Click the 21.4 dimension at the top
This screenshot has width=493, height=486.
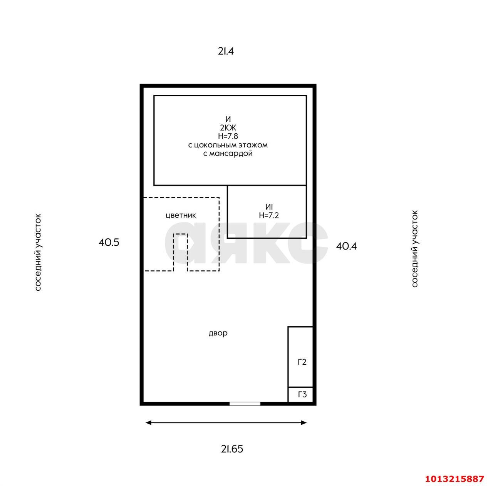(x=226, y=52)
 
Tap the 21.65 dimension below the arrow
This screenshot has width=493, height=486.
(x=232, y=449)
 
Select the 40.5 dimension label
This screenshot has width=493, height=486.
(x=109, y=242)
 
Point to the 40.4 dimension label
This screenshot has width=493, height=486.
(x=346, y=246)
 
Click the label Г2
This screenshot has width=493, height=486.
(x=302, y=362)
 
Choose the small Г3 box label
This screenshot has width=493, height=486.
(x=302, y=394)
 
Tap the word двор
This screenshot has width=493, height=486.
(x=218, y=333)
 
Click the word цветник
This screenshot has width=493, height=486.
(x=181, y=216)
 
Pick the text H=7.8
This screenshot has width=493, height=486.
(x=228, y=136)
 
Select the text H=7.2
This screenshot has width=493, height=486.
(x=269, y=215)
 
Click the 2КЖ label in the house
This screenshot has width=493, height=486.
(x=228, y=127)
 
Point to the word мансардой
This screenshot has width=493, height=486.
(x=231, y=154)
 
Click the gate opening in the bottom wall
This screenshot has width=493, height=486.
(x=245, y=404)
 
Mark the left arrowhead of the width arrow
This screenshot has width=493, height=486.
(x=148, y=422)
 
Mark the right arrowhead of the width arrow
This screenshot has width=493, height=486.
(x=304, y=422)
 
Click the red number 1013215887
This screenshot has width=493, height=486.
(x=454, y=479)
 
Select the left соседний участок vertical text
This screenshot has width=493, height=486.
(x=38, y=252)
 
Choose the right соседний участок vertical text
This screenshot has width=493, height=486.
(x=415, y=249)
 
